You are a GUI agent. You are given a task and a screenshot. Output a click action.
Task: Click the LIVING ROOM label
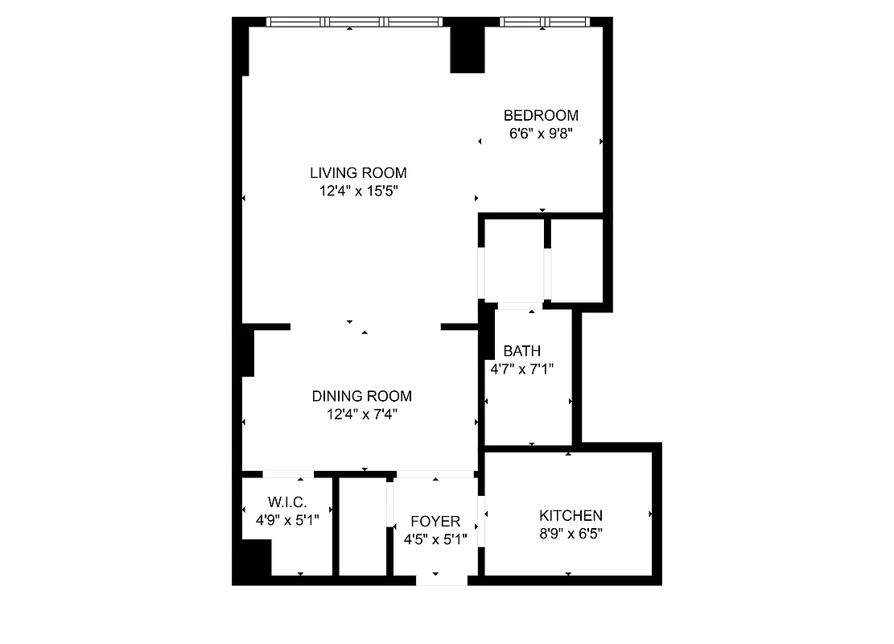pyautogui.click(x=358, y=173)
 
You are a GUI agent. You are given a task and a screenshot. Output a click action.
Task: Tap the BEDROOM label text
pyautogui.click(x=541, y=116)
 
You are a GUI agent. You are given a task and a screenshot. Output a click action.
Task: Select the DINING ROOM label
pyautogui.click(x=361, y=396)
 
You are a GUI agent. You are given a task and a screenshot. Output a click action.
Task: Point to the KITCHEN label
pyautogui.click(x=571, y=516)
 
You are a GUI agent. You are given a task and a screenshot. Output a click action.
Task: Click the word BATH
pyautogui.click(x=521, y=351)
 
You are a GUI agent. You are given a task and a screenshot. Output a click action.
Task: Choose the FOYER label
pyautogui.click(x=435, y=522)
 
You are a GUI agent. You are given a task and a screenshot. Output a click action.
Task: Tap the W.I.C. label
pyautogui.click(x=287, y=502)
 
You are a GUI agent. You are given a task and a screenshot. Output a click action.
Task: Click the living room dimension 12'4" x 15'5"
pyautogui.click(x=358, y=192)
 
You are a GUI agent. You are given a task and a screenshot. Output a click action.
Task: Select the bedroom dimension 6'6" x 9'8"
pyautogui.click(x=541, y=134)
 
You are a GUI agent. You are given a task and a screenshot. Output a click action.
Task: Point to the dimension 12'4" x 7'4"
pyautogui.click(x=361, y=415)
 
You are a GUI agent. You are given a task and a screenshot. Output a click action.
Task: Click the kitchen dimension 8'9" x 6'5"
pyautogui.click(x=571, y=534)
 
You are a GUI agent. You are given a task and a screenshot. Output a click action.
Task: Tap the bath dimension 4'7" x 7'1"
pyautogui.click(x=521, y=369)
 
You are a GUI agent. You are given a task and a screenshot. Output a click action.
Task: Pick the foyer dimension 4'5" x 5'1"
pyautogui.click(x=435, y=539)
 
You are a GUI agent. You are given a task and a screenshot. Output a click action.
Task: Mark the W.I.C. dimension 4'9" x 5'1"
pyautogui.click(x=287, y=520)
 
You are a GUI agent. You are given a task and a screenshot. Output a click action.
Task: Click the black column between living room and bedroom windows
pyautogui.click(x=467, y=47)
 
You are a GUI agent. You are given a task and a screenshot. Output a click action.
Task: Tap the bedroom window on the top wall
pyautogui.click(x=544, y=22)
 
